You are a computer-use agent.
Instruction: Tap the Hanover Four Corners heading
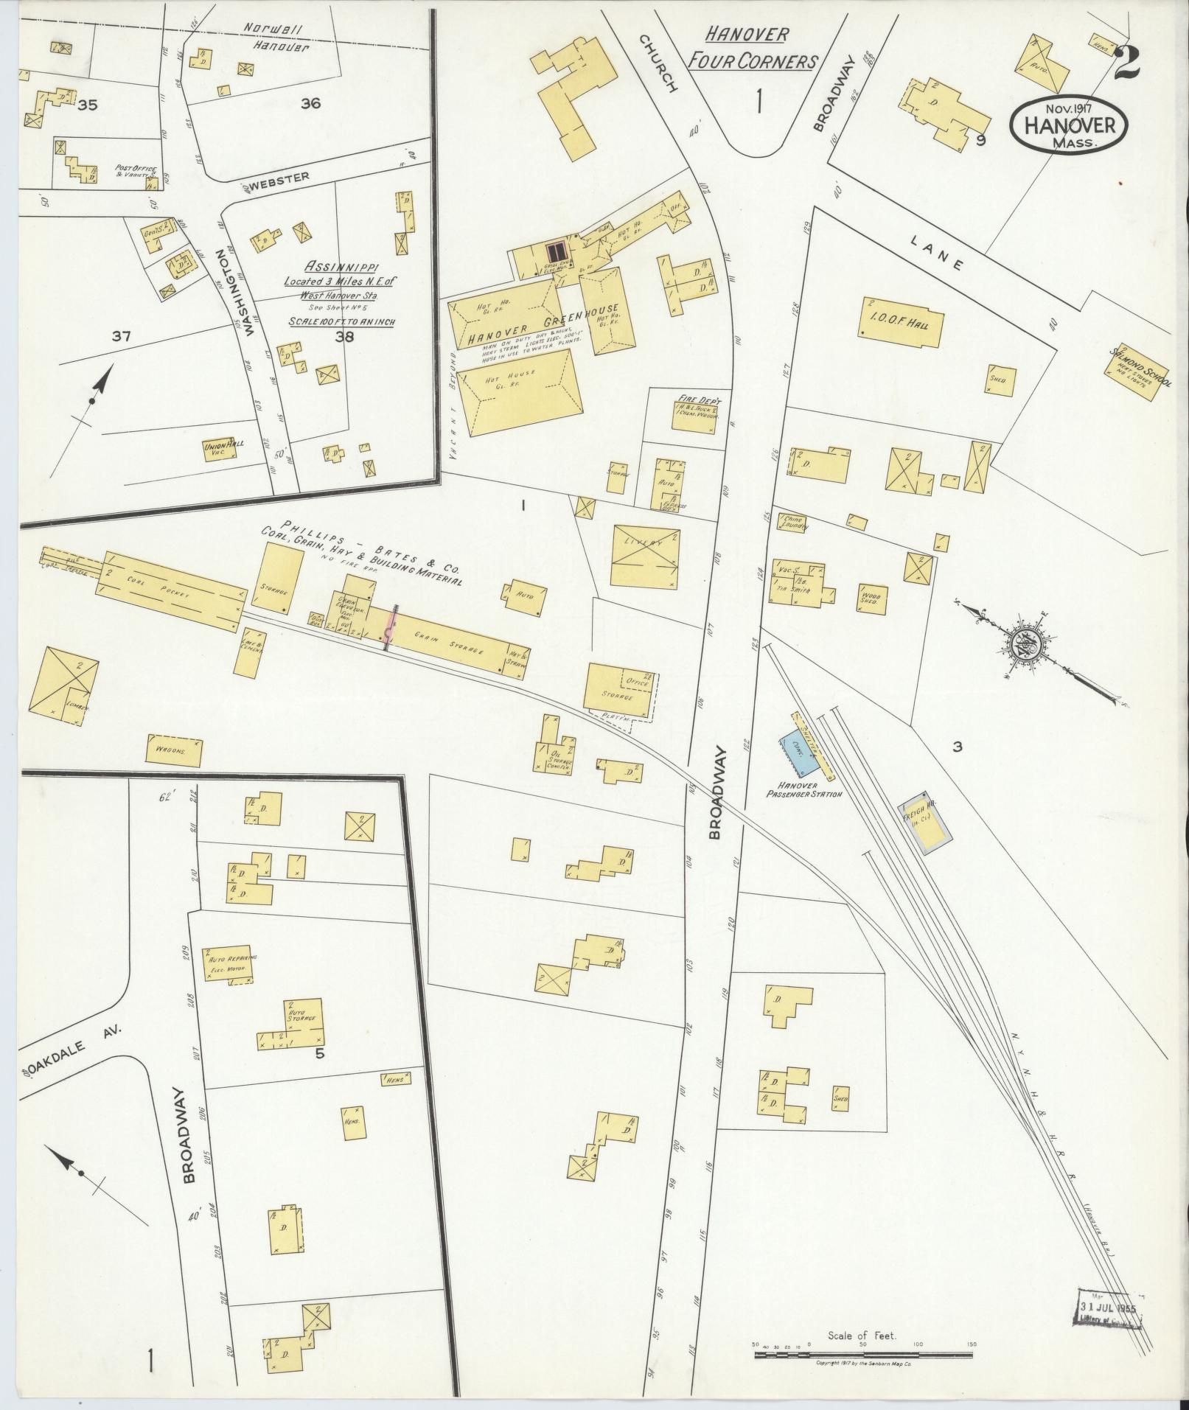click(x=751, y=47)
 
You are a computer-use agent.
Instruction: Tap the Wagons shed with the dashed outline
click(x=175, y=750)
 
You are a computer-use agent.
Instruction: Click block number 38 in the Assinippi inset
click(x=344, y=338)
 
